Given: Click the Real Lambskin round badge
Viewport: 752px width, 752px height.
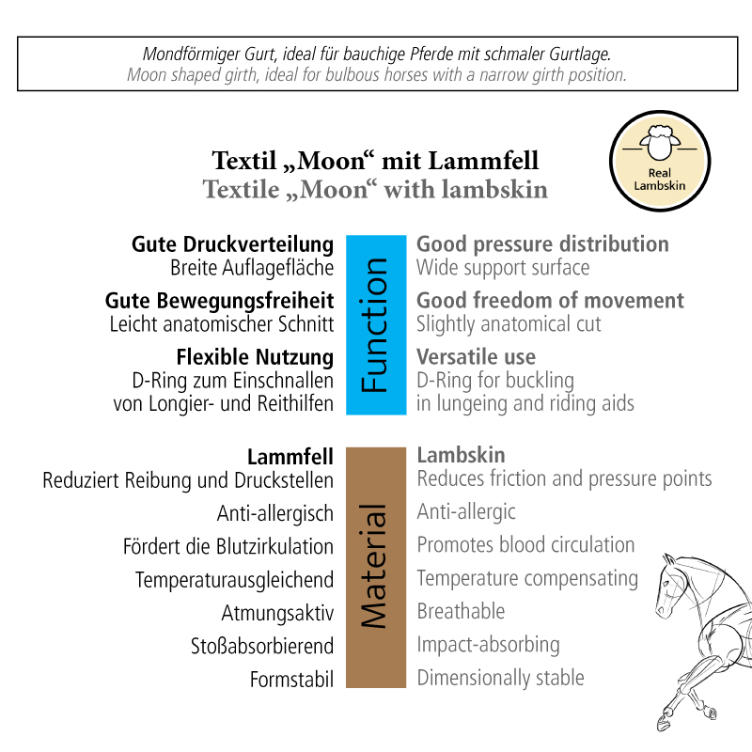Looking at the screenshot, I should pos(659,159).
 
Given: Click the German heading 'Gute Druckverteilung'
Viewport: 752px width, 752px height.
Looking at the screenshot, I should pos(232,244).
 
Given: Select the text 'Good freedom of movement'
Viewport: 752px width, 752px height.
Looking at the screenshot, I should pos(551,301).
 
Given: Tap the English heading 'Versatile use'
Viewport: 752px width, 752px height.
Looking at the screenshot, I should pos(476,357).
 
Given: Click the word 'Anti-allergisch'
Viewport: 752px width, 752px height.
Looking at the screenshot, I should pos(275,513).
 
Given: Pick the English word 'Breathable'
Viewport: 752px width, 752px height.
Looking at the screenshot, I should pos(461,611).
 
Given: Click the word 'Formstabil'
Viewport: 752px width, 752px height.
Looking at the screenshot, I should pos(291,679).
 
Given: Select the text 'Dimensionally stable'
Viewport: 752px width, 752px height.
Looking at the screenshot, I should pos(500,677).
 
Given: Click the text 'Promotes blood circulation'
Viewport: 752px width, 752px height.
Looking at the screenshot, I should pos(525,545).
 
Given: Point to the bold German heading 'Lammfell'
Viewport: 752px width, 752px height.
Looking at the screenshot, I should pos(290,458).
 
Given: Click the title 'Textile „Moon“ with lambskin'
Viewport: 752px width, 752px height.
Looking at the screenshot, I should pos(375,188).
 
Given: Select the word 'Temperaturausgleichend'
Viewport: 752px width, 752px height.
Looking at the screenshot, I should pos(234,580).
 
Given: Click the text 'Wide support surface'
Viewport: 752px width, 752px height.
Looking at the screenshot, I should pos(503,268).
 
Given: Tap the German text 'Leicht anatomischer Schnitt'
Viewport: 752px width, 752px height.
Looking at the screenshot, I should pos(222,324).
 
